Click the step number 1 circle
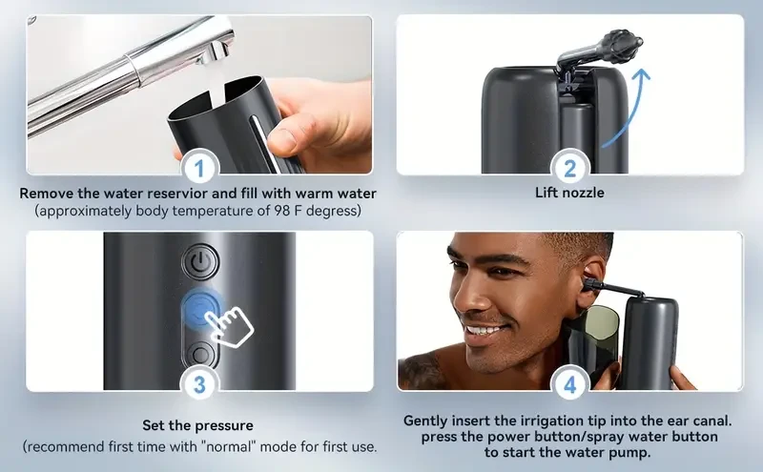199,170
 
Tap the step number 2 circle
569,170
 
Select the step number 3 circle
199,386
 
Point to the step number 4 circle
569,386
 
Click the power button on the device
199,261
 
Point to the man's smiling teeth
486,331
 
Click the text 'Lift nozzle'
569,193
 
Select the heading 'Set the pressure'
198,425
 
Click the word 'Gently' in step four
428,420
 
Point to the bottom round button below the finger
199,354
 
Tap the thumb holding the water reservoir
283,138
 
